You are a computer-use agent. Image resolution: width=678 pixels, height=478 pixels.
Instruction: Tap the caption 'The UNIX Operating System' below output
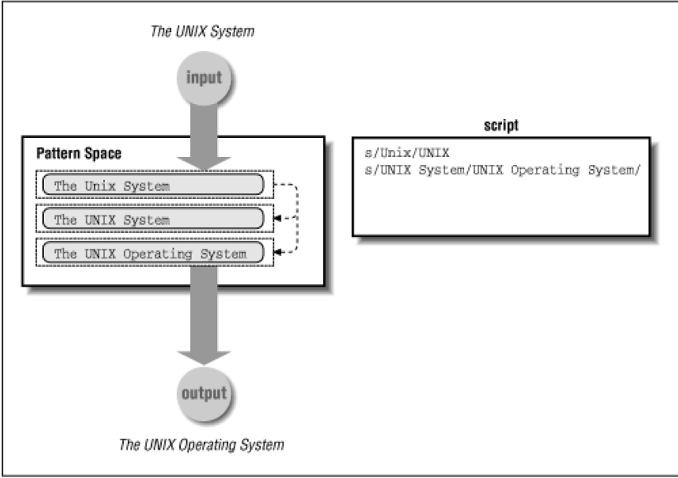[202, 445]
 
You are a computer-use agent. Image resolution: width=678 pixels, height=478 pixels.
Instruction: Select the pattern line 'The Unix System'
[112, 186]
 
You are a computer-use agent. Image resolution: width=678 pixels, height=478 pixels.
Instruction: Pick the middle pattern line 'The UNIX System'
[111, 220]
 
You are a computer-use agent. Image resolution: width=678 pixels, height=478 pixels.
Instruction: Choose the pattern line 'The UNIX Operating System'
[149, 253]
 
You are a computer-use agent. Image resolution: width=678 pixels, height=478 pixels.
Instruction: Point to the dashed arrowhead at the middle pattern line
[277, 219]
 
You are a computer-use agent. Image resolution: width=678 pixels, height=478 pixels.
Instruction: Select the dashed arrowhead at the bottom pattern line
[277, 253]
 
